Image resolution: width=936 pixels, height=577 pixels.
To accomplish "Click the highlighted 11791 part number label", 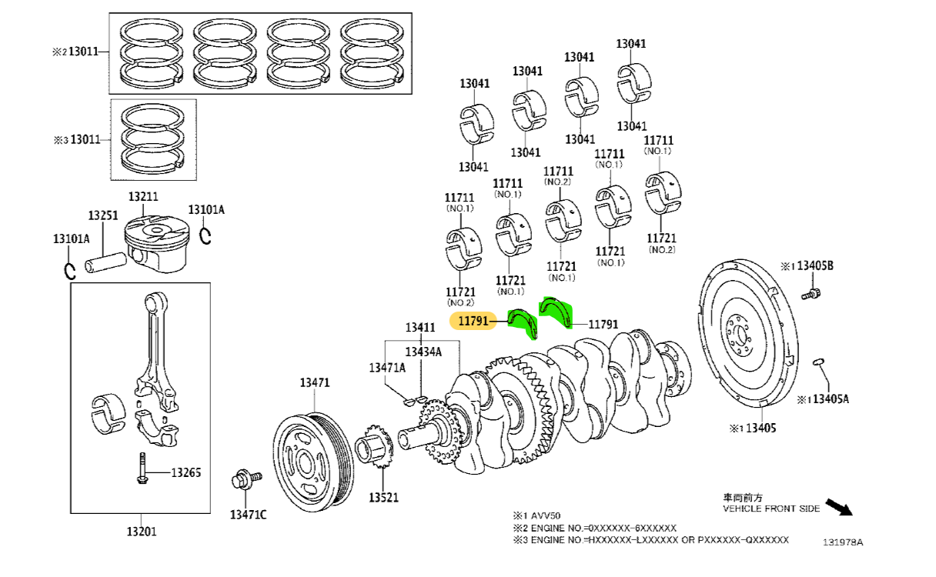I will [x=473, y=322].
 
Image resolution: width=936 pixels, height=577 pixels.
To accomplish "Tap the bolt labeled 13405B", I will [x=811, y=293].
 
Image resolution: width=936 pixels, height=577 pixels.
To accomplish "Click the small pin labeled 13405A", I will [x=819, y=362].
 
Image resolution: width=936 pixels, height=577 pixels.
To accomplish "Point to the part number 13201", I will [x=142, y=530].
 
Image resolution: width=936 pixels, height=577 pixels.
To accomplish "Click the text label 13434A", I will [x=423, y=352].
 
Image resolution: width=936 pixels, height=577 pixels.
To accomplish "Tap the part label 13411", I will [x=421, y=328].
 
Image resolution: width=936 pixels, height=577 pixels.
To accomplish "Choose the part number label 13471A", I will [x=386, y=367].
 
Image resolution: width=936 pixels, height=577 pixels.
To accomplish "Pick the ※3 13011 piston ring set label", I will [x=77, y=140].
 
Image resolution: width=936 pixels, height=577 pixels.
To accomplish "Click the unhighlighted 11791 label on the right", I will [x=603, y=325].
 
